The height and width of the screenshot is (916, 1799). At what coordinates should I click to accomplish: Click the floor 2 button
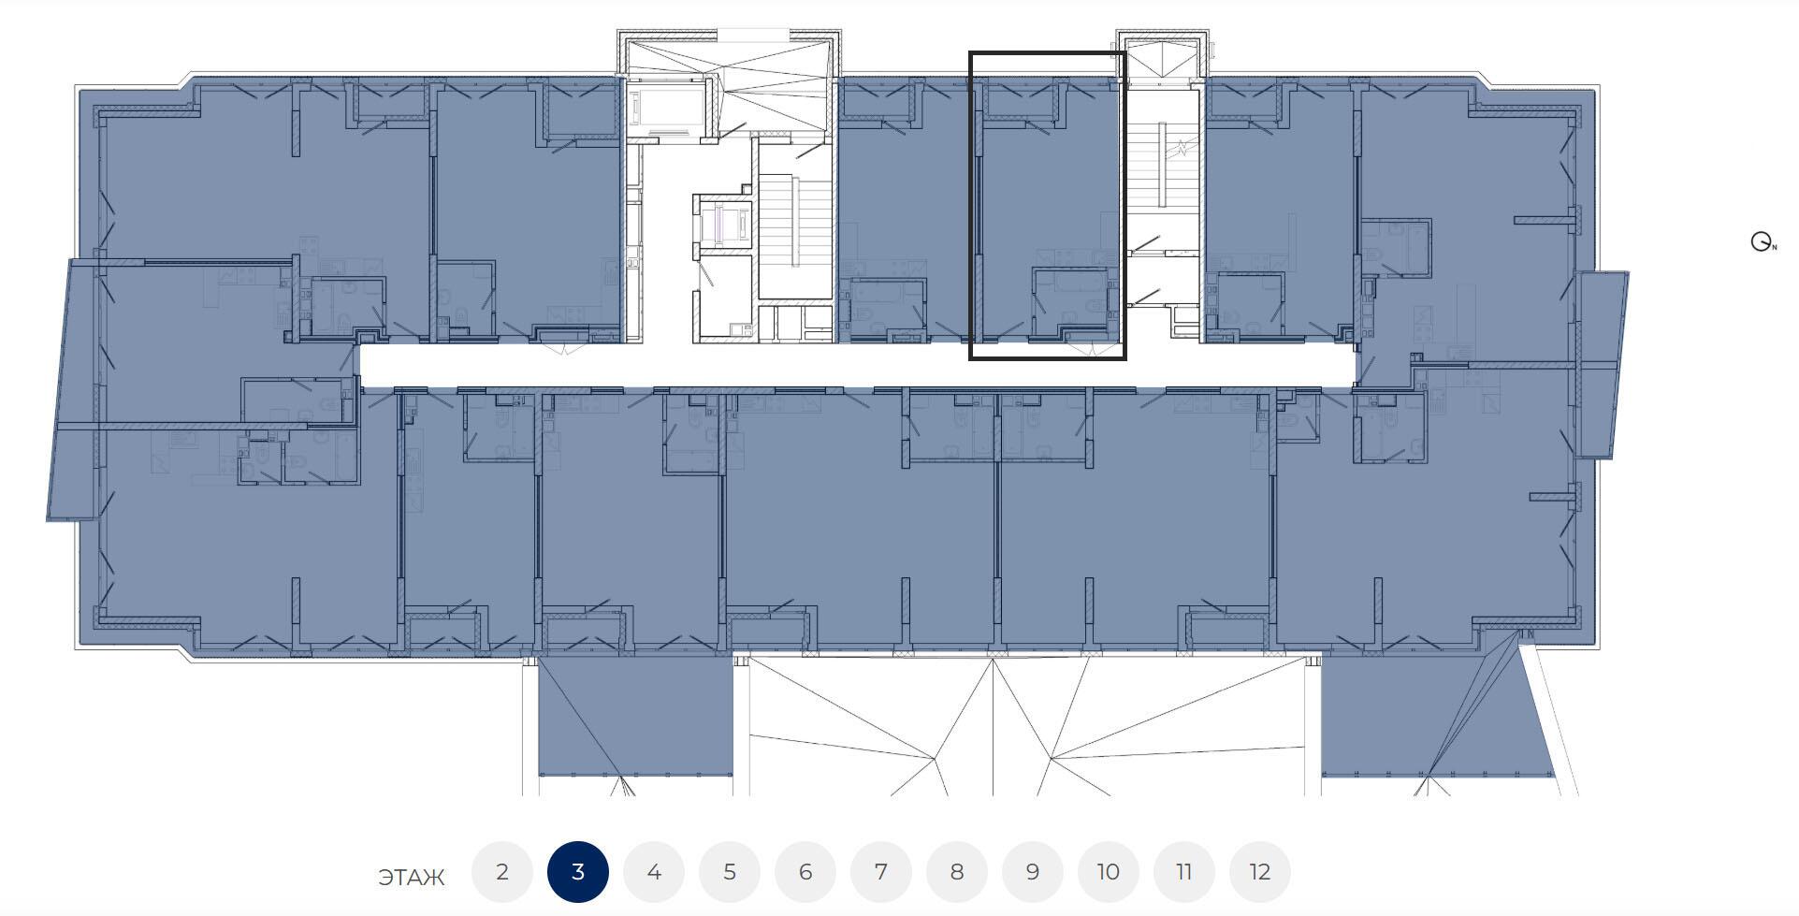click(502, 872)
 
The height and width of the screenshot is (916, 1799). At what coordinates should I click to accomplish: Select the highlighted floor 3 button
click(578, 872)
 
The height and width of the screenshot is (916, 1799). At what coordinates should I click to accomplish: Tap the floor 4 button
click(654, 872)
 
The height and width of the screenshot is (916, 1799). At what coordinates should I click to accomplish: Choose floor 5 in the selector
click(730, 872)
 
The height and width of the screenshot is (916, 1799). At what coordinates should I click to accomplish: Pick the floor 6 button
click(805, 872)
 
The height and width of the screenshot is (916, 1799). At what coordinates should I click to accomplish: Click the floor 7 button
click(881, 872)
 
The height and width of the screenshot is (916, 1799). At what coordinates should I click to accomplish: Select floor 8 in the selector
click(957, 872)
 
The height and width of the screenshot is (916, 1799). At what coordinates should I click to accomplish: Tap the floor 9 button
click(1033, 872)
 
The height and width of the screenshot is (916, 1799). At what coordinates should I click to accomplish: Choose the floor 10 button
click(1109, 872)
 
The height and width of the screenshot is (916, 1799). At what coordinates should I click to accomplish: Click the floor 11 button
click(1184, 872)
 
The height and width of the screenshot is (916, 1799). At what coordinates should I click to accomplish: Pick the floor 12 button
click(1260, 872)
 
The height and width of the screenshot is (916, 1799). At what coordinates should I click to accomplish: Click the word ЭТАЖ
click(412, 878)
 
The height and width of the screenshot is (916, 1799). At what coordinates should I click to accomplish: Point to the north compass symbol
click(1763, 242)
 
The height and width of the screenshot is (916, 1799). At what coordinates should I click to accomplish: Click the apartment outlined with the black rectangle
click(1047, 206)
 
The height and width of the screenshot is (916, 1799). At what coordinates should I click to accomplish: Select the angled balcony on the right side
click(1603, 364)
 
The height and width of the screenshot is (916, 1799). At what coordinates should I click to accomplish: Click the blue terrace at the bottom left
click(635, 716)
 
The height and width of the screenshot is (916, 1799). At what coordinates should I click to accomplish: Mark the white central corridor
click(857, 365)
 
